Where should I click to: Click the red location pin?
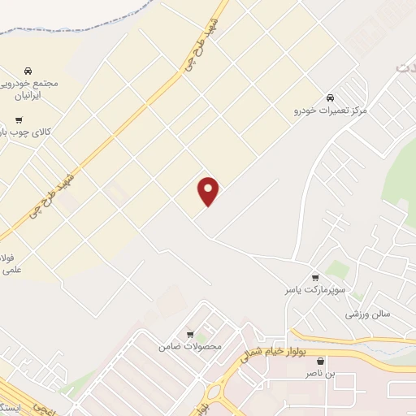point(209,191)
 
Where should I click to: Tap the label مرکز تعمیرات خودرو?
point(331,109)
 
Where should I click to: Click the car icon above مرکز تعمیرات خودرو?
point(331,97)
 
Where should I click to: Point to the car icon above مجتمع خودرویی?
point(29,71)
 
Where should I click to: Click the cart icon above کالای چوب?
point(19,119)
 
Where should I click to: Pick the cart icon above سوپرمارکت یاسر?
point(315,277)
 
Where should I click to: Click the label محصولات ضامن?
point(190,347)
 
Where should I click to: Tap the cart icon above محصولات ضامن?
point(190,335)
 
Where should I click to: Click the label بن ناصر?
point(319,373)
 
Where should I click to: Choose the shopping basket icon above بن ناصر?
point(320,361)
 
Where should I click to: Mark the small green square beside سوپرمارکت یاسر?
point(337,269)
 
